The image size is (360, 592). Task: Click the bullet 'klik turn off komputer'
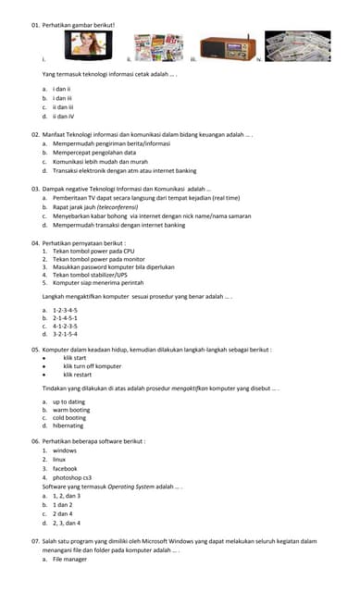tap(98, 366)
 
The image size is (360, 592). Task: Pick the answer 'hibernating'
tap(68, 425)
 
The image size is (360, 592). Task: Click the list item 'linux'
tap(59, 460)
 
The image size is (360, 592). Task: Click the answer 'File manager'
tap(69, 560)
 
